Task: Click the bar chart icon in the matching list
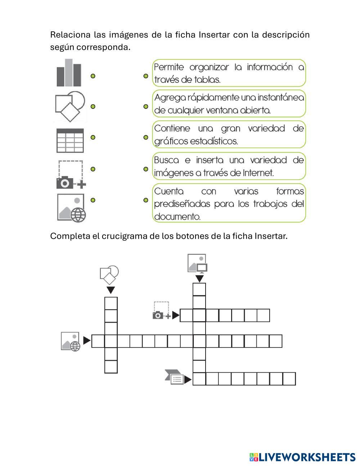click(69, 73)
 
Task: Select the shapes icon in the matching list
click(70, 107)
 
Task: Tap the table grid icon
click(70, 140)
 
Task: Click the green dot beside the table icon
click(93, 137)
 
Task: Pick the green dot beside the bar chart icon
click(93, 76)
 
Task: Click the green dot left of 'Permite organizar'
click(146, 76)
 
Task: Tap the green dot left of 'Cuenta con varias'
click(146, 200)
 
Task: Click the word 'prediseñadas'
click(182, 204)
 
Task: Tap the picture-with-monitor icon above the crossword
click(197, 264)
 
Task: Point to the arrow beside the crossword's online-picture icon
click(87, 341)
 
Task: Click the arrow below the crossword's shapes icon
click(111, 290)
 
